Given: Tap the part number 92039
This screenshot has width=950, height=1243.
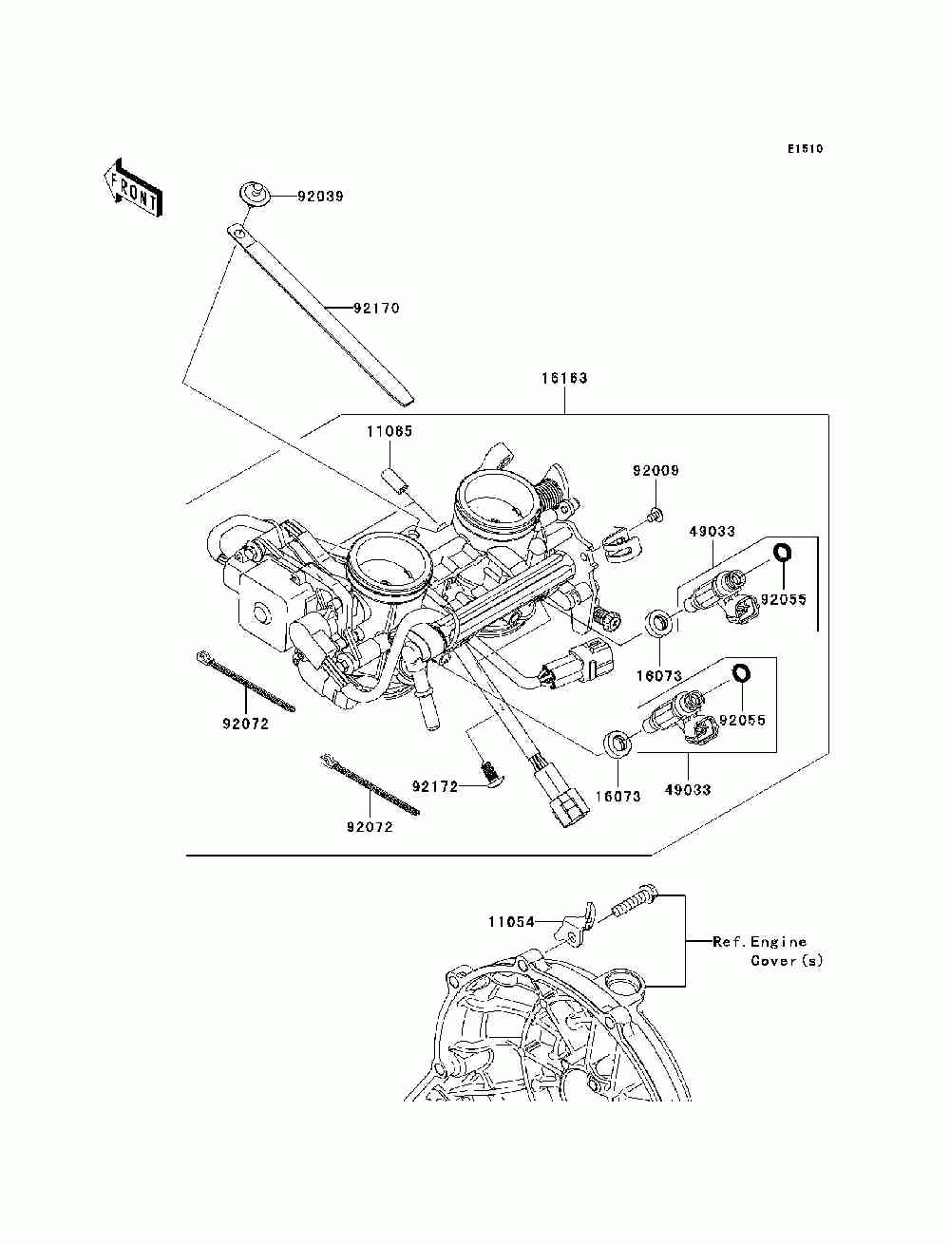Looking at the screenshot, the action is (x=321, y=197).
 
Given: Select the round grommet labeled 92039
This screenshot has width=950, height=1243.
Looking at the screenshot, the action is (x=255, y=193).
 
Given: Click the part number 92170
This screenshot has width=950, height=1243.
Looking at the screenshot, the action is (x=377, y=308).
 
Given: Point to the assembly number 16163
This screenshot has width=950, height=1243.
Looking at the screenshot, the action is (x=564, y=378).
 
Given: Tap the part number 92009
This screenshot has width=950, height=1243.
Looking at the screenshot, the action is (x=655, y=471).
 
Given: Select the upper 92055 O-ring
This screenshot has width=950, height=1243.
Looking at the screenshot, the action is (x=782, y=552).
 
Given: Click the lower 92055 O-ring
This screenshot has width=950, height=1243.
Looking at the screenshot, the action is (x=740, y=673).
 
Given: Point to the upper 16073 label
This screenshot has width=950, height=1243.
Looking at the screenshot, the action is (x=659, y=675).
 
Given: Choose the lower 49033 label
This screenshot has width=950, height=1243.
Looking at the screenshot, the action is (x=688, y=789).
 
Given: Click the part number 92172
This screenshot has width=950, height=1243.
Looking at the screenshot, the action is (x=435, y=786).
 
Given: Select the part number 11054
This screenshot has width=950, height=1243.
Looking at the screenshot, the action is (x=511, y=922).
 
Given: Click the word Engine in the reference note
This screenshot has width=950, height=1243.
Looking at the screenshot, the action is (x=778, y=942).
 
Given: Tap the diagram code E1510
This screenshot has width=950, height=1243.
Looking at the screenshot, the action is (x=805, y=149).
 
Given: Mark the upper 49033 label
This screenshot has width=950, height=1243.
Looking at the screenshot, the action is (x=712, y=532).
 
